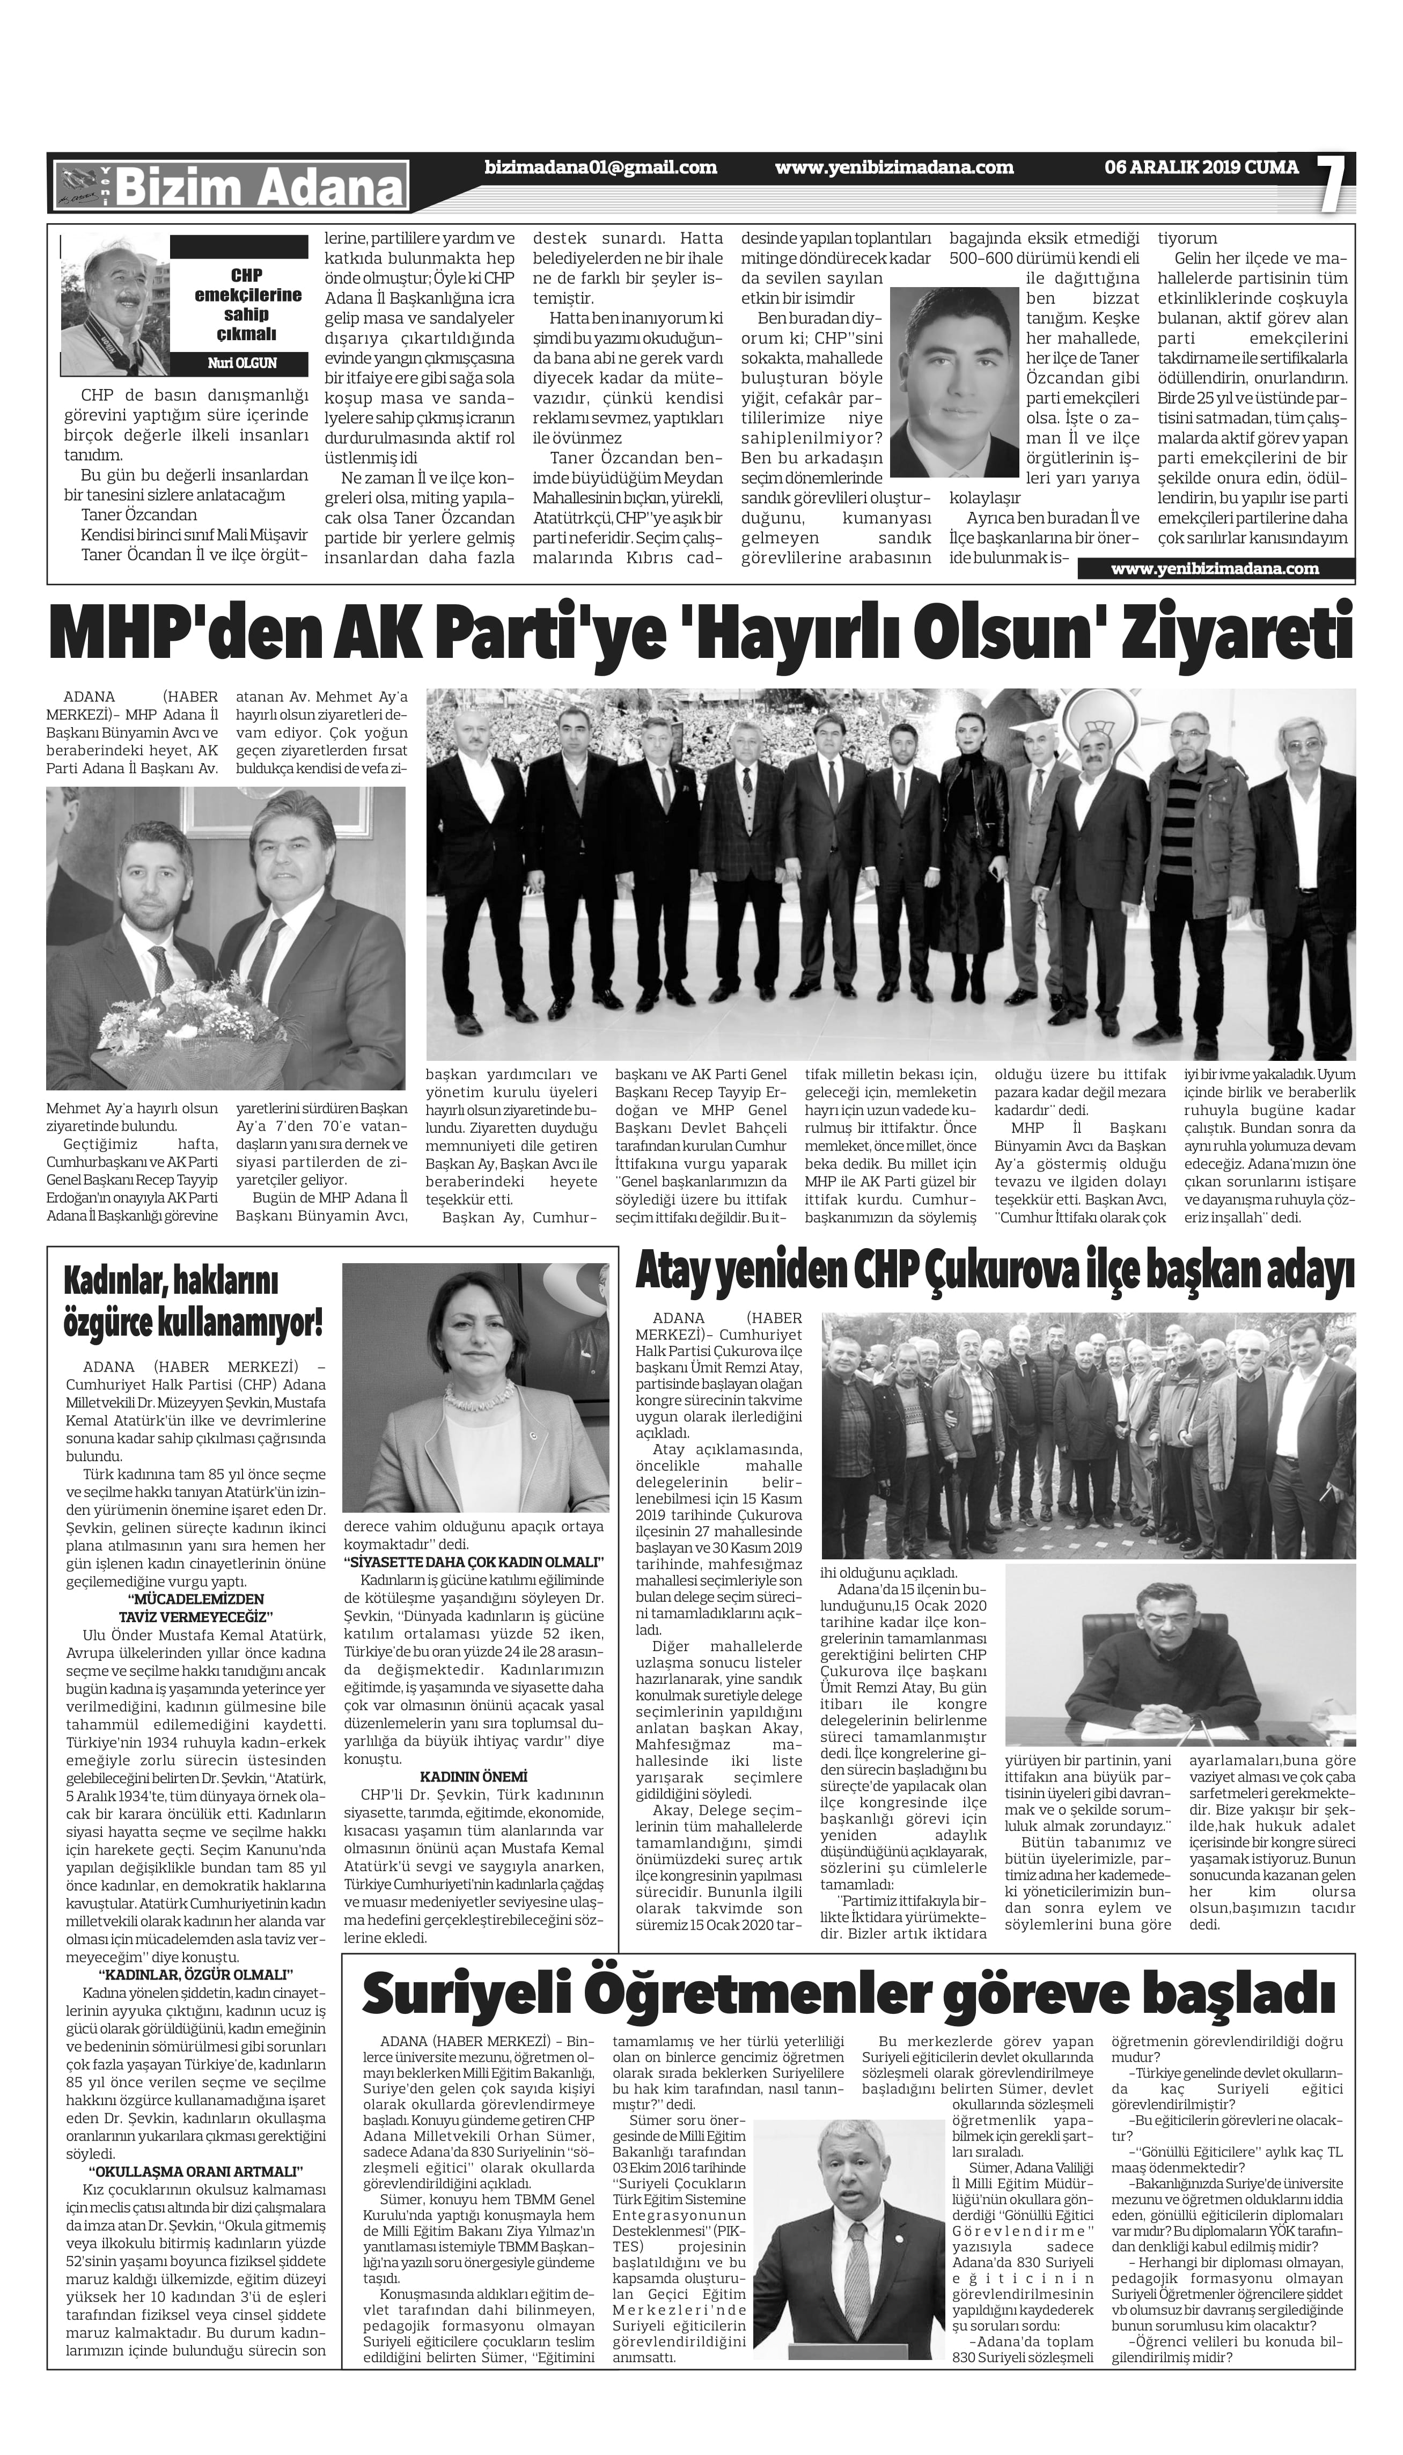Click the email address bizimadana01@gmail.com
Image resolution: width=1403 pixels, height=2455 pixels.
[x=601, y=167]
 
